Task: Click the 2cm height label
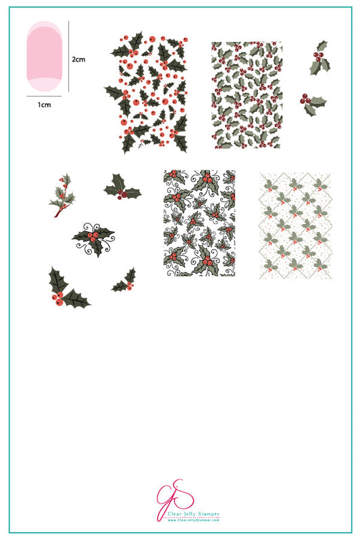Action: pos(78,59)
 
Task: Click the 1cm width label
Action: pos(45,104)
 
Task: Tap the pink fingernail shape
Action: pos(45,57)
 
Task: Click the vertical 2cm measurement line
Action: pos(69,57)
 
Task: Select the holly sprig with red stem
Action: pos(62,195)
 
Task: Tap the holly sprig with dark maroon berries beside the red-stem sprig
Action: pos(122,188)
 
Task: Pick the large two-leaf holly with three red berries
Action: pos(67,288)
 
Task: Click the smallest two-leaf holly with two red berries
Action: pos(125,281)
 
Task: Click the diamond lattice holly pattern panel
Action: pos(295,225)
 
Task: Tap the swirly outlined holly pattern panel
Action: pos(199,223)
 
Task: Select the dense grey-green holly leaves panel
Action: pos(246,95)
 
